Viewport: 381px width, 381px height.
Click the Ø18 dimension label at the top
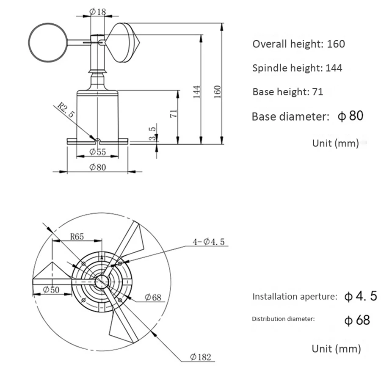[98, 12]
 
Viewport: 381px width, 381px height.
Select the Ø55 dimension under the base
[98, 152]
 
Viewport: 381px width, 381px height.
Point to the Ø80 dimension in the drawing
[97, 167]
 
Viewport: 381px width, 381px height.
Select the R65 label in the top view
[77, 237]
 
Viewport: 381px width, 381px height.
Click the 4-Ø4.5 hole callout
[208, 242]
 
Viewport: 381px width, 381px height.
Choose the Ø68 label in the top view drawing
[153, 297]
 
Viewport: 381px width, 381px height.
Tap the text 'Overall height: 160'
[298, 44]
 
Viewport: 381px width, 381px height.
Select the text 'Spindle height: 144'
[297, 68]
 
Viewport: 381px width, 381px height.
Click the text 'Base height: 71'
[288, 92]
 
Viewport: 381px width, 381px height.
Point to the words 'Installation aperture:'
[295, 296]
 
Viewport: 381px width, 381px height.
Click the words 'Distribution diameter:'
[283, 319]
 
